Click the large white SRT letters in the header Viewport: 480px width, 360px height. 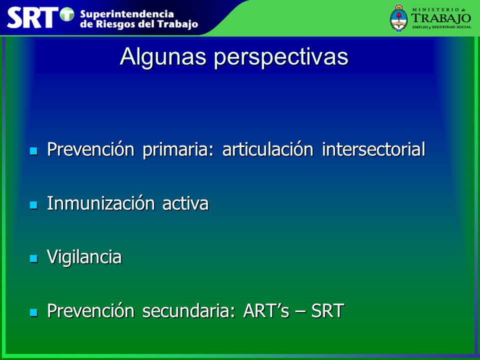32,18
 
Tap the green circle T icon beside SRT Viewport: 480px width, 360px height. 67,14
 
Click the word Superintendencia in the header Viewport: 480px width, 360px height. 126,14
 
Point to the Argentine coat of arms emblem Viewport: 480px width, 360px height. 398,18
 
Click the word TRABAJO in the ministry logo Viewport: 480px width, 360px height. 441,18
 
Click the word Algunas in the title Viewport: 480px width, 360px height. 163,57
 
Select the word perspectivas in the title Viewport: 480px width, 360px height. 281,57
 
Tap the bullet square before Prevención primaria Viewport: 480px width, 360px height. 33,150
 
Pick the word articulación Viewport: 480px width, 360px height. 267,149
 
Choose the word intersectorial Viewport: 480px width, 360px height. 373,149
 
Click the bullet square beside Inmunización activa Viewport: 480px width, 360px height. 33,205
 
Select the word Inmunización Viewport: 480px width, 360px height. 100,203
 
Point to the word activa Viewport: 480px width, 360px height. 185,203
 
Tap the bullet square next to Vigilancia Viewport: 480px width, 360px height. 33,258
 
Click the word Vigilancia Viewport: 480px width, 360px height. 84,257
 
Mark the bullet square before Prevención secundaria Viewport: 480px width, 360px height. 33,312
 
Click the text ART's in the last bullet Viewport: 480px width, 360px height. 266,310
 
